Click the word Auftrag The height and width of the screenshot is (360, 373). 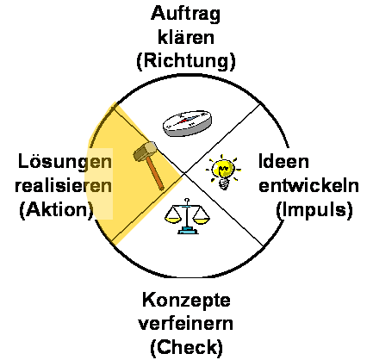[185, 15]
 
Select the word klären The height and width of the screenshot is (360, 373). [186, 37]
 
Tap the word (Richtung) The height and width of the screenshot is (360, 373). [186, 61]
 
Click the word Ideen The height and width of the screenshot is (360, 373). [283, 161]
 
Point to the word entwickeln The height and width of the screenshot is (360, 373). [308, 185]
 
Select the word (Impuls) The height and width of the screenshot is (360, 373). [314, 210]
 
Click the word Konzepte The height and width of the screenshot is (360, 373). [186, 301]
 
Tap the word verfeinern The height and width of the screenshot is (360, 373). [186, 324]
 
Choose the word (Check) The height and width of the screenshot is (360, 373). [186, 347]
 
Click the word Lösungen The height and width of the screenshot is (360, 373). [65, 162]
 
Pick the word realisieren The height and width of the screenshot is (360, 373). [64, 185]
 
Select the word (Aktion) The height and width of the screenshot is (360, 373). [57, 210]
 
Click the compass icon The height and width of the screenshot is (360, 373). [188, 122]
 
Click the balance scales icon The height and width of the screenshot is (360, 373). [187, 216]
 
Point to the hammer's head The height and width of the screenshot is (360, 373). [146, 151]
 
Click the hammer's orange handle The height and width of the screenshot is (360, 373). [155, 174]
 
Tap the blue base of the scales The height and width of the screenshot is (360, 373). [188, 230]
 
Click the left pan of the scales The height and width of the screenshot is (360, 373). [173, 220]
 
